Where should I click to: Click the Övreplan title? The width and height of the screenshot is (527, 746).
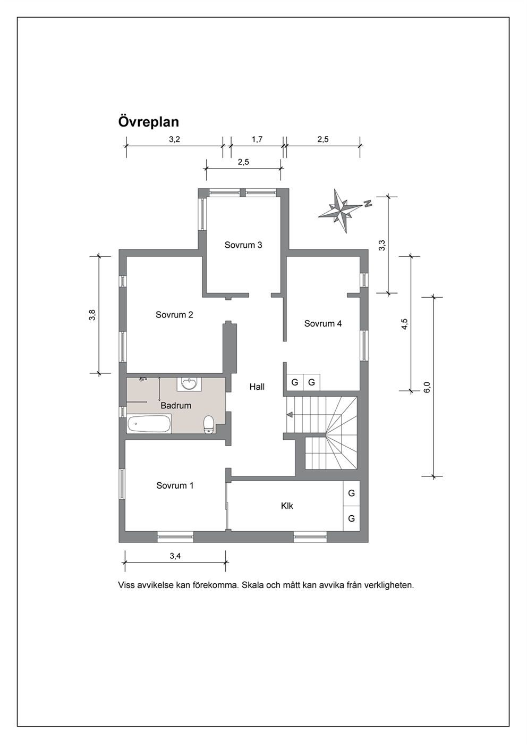click(148, 122)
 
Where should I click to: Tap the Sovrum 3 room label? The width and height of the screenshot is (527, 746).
click(243, 245)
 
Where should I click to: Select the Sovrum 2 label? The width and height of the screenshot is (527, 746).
click(174, 315)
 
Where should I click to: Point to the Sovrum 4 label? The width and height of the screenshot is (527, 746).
click(322, 323)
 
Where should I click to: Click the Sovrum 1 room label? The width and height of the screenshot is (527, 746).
click(175, 485)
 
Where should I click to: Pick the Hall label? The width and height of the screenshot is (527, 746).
click(257, 387)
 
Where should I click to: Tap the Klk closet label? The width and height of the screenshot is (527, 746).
click(287, 506)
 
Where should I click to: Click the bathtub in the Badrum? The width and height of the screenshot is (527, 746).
click(149, 424)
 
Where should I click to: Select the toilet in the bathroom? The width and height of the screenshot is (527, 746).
click(209, 424)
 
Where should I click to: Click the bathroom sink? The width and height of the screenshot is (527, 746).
click(189, 384)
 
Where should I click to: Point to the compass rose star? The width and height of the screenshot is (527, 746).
click(340, 211)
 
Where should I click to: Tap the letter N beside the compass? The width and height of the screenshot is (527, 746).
click(368, 204)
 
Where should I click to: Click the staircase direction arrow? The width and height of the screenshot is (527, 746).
click(290, 415)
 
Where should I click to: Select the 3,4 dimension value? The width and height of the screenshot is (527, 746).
click(175, 556)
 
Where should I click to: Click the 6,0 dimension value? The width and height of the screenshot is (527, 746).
click(427, 387)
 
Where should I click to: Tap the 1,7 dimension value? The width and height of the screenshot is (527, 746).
click(257, 139)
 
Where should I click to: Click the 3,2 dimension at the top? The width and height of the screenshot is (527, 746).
click(174, 139)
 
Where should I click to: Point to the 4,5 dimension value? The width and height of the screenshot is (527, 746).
click(404, 324)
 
